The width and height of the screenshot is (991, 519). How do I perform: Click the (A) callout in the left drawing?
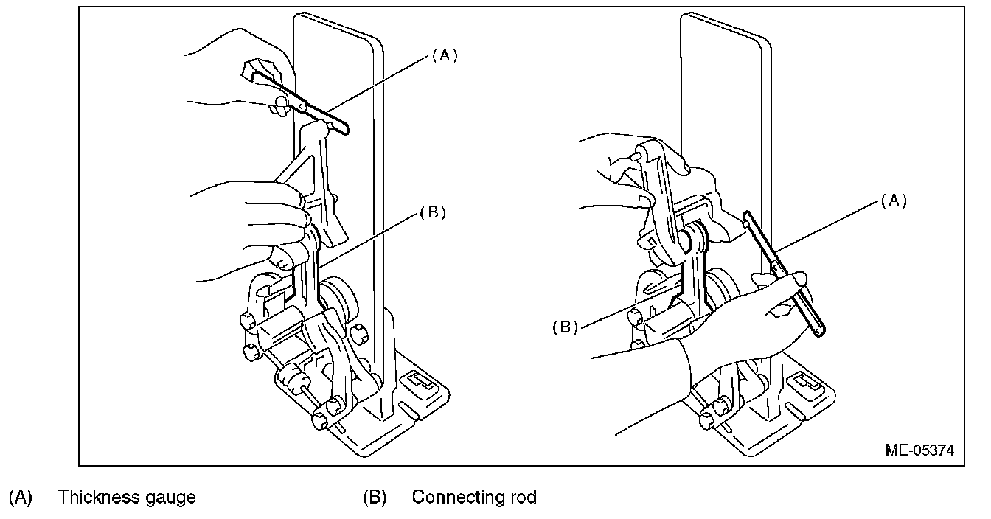445,55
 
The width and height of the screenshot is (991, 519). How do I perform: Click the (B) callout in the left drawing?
433,213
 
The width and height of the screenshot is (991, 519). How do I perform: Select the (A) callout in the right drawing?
893,201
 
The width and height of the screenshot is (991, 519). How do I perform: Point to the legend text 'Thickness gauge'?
127,498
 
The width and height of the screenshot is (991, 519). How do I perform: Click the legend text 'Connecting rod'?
473,498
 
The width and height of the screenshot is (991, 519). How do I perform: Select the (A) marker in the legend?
21,498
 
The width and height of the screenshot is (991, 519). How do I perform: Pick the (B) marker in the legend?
375,498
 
